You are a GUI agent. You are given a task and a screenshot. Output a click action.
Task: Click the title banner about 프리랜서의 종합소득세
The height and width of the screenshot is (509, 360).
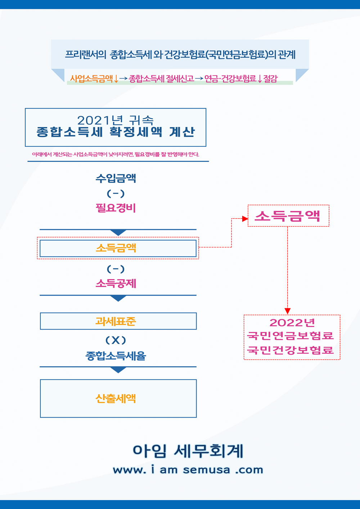pyautogui.click(x=180, y=55)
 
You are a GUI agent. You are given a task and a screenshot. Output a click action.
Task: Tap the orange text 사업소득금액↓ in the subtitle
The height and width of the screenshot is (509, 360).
pyautogui.click(x=94, y=78)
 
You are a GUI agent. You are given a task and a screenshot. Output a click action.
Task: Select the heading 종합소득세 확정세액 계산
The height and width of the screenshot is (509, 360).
pyautogui.click(x=116, y=132)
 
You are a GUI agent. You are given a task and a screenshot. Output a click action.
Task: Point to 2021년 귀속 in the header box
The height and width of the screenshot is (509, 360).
pyautogui.click(x=116, y=120)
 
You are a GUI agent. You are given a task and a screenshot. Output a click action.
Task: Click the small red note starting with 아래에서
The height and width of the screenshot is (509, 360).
pyautogui.click(x=116, y=154)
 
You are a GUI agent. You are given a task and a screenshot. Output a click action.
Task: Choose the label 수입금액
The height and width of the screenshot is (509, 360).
pyautogui.click(x=116, y=178)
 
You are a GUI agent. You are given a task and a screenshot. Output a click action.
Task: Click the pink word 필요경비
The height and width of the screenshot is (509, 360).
pyautogui.click(x=116, y=208)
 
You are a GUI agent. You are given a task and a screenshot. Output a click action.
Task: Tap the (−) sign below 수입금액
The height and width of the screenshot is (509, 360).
pyautogui.click(x=116, y=194)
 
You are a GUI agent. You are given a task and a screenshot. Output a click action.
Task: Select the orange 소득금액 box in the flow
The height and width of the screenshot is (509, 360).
pyautogui.click(x=118, y=248)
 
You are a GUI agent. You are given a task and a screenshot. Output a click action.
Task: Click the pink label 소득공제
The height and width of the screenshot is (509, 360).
pyautogui.click(x=116, y=283)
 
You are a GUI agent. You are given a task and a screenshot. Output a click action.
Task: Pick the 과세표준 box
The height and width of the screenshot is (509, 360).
pyautogui.click(x=118, y=321)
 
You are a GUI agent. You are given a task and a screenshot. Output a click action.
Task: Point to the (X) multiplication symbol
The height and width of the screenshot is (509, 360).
pyautogui.click(x=116, y=340)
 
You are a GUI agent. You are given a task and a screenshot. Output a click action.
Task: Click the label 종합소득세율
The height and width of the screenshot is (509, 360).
pyautogui.click(x=116, y=356)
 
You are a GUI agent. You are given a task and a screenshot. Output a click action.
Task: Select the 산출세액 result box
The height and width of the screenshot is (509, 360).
pyautogui.click(x=118, y=398)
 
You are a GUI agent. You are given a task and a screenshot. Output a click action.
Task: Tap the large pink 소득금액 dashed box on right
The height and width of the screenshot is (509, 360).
pyautogui.click(x=288, y=216)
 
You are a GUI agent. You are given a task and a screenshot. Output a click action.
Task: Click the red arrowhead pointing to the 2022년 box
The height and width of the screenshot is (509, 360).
pyautogui.click(x=287, y=311)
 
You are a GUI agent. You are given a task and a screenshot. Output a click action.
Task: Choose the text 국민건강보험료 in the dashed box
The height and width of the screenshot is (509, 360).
pyautogui.click(x=290, y=350)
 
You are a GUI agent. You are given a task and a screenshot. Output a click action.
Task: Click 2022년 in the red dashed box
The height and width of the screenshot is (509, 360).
pyautogui.click(x=292, y=323)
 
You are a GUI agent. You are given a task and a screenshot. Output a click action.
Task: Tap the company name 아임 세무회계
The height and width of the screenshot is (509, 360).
pyautogui.click(x=188, y=451)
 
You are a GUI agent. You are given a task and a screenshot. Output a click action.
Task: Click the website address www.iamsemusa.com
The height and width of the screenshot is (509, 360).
pyautogui.click(x=188, y=470)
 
